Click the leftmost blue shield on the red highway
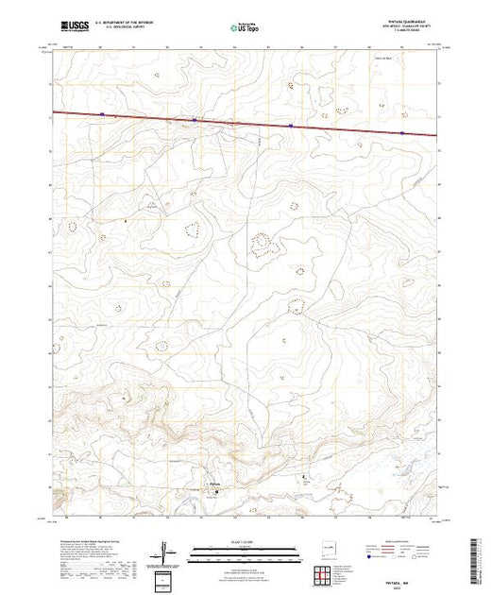click(101, 117)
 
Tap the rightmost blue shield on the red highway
click(402, 133)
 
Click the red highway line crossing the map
click(246, 124)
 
